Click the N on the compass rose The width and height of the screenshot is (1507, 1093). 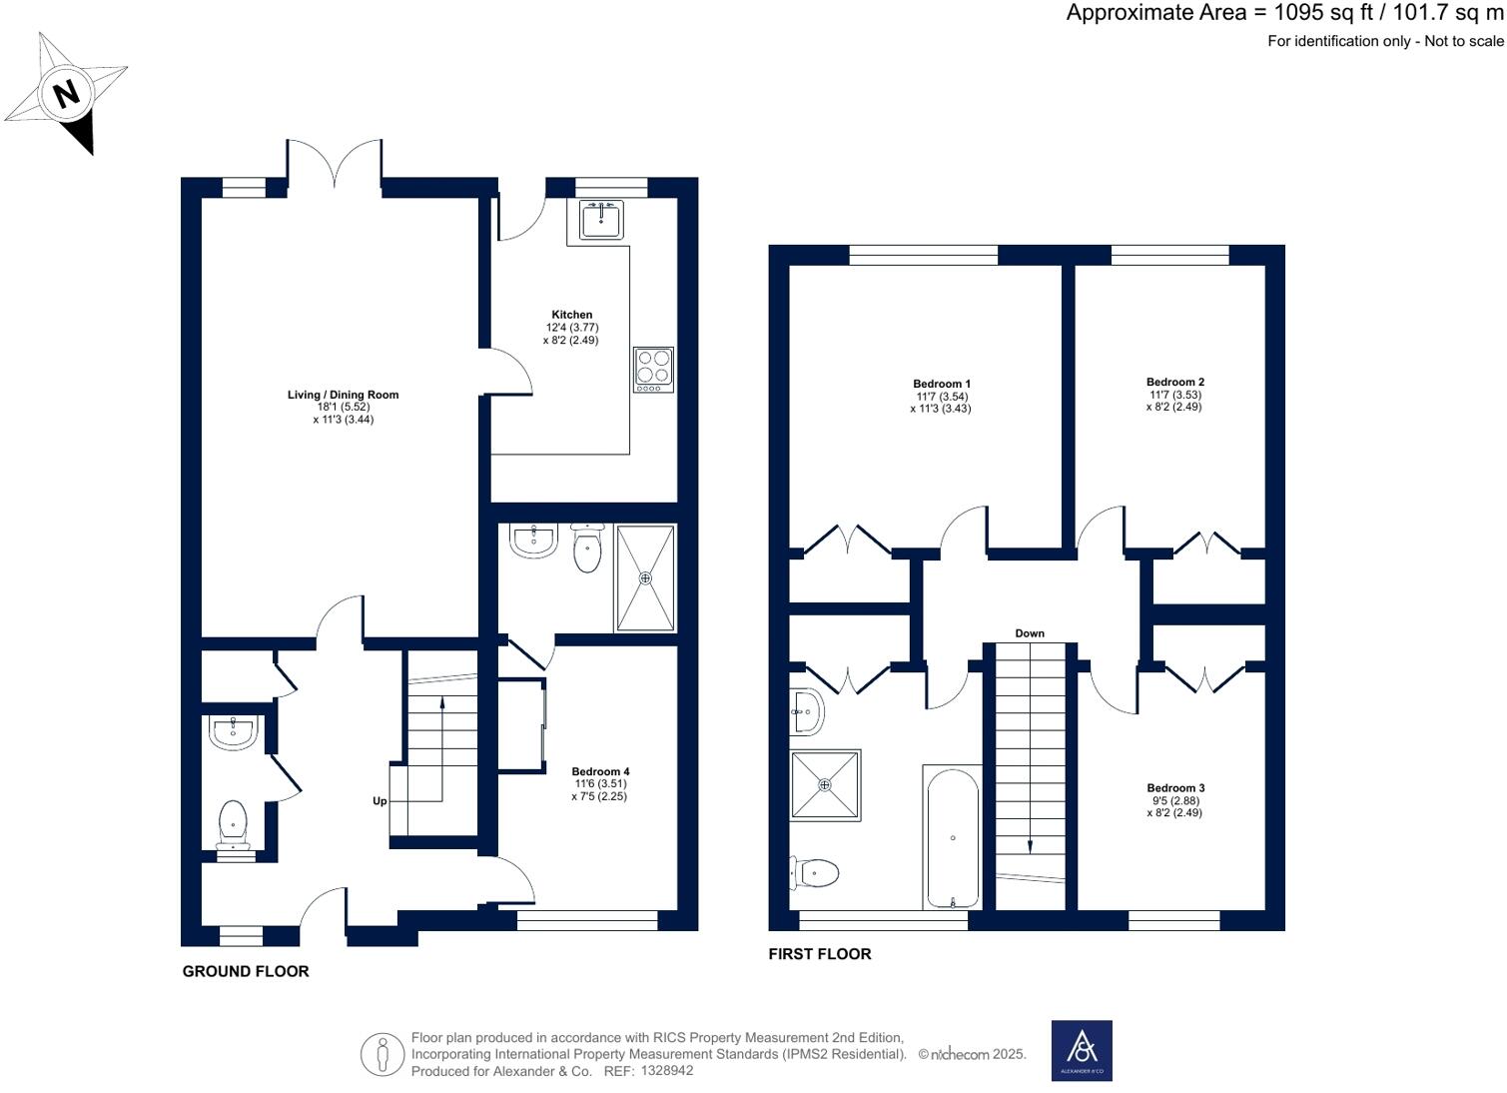tap(66, 94)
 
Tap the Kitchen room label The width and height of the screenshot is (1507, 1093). tap(572, 315)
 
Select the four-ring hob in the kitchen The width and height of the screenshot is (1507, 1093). tap(653, 370)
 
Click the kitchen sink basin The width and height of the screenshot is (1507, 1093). tap(601, 220)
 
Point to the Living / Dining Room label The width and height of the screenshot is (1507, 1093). tap(344, 395)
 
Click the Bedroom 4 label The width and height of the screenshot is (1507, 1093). tap(601, 771)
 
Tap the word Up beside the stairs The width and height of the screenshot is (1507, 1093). tap(380, 801)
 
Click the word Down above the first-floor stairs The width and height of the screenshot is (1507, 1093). tap(1030, 633)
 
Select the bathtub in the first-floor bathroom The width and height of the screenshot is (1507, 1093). tap(953, 838)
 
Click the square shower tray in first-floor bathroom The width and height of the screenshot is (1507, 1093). tap(826, 785)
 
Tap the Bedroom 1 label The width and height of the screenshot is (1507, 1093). tap(941, 384)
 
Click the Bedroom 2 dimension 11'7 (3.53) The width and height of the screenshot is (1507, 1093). tap(1174, 395)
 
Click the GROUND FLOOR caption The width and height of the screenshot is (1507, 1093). tap(246, 971)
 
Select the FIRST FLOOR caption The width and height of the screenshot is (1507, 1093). tap(820, 954)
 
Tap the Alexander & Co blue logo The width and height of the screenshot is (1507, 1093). tap(1082, 1051)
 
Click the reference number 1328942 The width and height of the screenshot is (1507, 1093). tap(667, 1070)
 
